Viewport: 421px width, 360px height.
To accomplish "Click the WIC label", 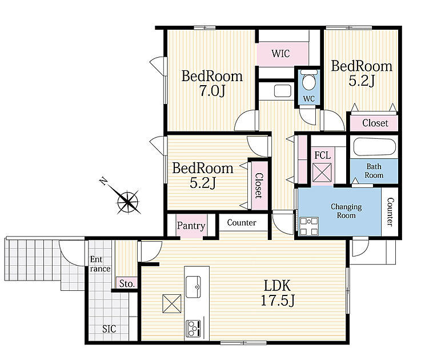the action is click(x=280, y=54).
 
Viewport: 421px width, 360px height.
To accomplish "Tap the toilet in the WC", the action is click(x=309, y=80).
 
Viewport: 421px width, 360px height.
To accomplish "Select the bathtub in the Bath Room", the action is click(x=375, y=147).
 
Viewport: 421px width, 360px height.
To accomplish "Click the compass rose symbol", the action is click(x=128, y=202).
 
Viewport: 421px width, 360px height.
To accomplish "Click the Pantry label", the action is click(x=191, y=225).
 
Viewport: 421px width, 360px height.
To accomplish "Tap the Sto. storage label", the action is click(x=127, y=283).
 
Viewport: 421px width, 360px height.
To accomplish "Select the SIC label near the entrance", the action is click(x=109, y=329).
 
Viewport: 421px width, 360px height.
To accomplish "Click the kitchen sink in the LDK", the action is click(x=193, y=287).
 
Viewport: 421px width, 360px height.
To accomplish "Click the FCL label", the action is click(x=323, y=155).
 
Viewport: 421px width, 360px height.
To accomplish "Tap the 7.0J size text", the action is click(x=212, y=91).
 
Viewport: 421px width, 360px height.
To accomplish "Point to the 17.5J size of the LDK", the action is click(x=278, y=300).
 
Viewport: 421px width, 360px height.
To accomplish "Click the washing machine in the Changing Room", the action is click(x=309, y=226).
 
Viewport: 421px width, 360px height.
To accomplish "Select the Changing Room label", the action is click(x=346, y=211).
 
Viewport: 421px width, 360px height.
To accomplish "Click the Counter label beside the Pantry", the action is click(x=242, y=222).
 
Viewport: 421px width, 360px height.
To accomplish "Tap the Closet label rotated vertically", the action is click(x=258, y=185).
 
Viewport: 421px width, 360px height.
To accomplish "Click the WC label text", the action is click(x=309, y=99).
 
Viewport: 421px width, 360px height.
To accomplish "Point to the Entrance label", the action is click(x=100, y=264).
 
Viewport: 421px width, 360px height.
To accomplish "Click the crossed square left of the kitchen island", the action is click(x=172, y=303).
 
